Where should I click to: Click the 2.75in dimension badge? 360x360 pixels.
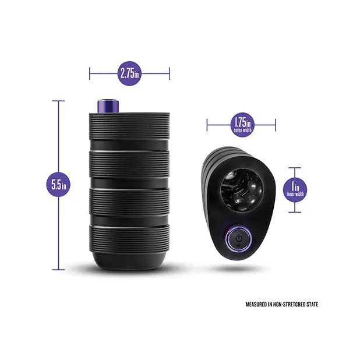click(129, 73)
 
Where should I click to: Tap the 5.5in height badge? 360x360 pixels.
click(58, 184)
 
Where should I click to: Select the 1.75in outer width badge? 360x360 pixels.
click(242, 125)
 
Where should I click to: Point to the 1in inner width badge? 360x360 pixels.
click(295, 190)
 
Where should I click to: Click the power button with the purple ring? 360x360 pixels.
click(239, 238)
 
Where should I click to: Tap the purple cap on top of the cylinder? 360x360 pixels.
click(108, 106)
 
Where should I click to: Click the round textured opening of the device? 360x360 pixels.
click(242, 190)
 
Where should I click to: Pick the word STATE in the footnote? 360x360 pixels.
click(312, 305)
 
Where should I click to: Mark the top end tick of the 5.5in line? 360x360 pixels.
click(58, 101)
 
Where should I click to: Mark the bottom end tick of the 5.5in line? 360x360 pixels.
click(58, 270)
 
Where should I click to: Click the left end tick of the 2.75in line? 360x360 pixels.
click(90, 73)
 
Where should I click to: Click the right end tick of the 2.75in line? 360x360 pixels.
click(170, 73)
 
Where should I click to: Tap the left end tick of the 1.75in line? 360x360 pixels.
click(207, 125)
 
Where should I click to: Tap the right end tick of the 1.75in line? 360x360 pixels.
click(276, 125)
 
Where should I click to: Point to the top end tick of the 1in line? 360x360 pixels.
click(295, 168)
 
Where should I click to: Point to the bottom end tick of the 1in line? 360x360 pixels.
click(295, 212)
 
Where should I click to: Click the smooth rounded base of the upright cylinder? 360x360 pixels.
click(129, 261)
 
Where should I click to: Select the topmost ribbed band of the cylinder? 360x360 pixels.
click(129, 126)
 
